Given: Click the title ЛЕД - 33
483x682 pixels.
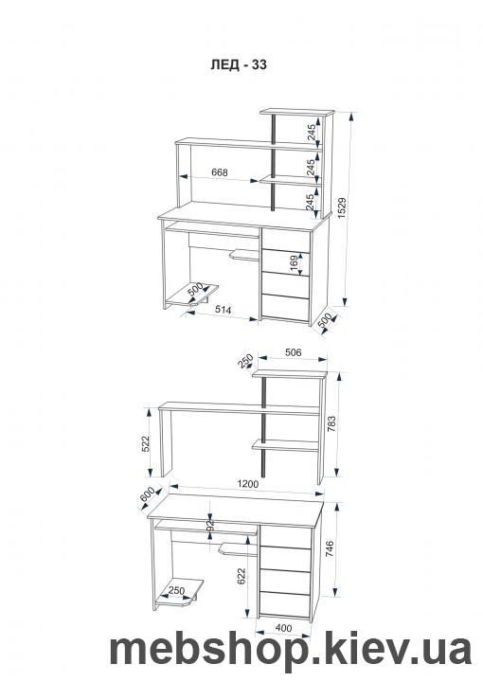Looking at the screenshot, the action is (239, 64).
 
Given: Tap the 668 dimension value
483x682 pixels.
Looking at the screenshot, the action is (220, 172).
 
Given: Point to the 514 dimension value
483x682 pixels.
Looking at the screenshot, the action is (223, 309).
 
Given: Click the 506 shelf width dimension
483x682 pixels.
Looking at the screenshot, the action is (293, 352).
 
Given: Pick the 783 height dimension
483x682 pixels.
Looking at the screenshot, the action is (331, 424).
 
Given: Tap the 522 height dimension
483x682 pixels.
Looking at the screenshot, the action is (146, 443).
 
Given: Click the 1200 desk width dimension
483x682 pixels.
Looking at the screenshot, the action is (248, 484).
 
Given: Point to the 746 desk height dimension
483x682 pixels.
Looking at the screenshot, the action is (329, 548).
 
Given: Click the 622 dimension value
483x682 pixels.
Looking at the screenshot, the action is (241, 576).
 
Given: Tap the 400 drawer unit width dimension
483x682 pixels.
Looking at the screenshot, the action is (283, 629).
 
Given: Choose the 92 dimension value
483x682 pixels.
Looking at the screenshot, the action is (210, 525).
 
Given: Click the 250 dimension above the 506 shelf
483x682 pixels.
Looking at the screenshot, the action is (246, 360).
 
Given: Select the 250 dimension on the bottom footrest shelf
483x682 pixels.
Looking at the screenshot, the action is (176, 591).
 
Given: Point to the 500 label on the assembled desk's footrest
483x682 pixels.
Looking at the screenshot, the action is (196, 290).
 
